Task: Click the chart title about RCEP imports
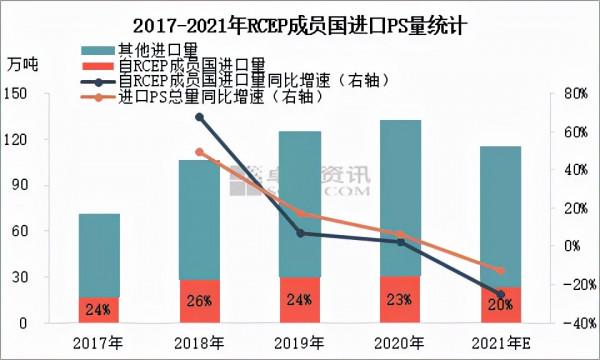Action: click(300, 21)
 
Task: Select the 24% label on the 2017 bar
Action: click(98, 310)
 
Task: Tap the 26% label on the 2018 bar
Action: click(199, 300)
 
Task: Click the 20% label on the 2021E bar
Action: click(500, 305)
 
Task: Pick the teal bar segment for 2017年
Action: click(99, 255)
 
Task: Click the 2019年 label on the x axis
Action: click(300, 343)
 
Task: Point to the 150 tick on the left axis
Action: click(41, 93)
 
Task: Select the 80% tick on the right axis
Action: click(569, 93)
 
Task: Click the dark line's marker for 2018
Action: click(200, 117)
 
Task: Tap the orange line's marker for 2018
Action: click(200, 152)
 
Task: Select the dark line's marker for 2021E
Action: click(501, 294)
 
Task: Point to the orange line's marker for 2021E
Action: click(501, 271)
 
